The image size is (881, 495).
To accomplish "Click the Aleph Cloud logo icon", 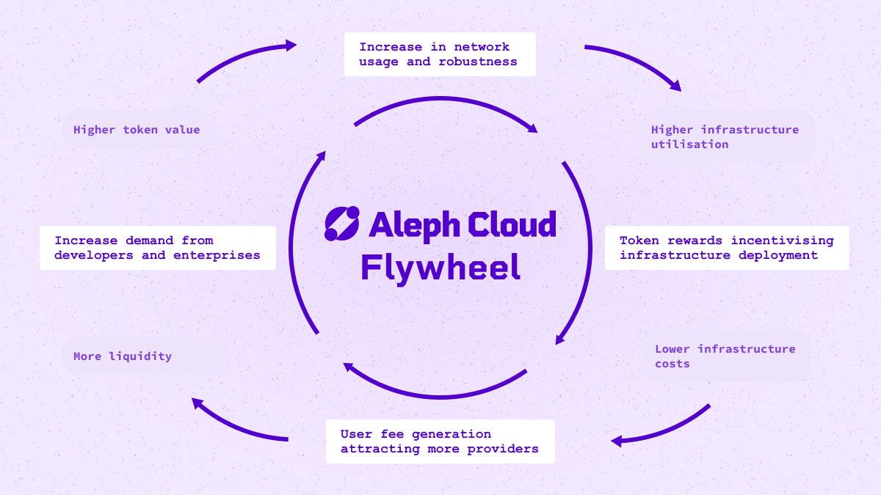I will [x=342, y=224].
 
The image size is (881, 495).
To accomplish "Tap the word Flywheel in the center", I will [x=440, y=268].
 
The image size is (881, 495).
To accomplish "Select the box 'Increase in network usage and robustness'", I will [x=439, y=54].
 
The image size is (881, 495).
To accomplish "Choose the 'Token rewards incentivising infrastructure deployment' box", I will [x=727, y=248].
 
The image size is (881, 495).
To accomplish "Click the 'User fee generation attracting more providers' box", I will [x=439, y=441].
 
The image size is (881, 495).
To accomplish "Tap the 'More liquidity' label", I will [x=123, y=356].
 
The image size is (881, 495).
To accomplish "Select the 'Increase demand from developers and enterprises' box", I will [x=157, y=248].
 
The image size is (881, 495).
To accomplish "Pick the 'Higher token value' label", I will [x=137, y=130].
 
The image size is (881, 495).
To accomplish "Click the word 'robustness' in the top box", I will [x=477, y=62].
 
